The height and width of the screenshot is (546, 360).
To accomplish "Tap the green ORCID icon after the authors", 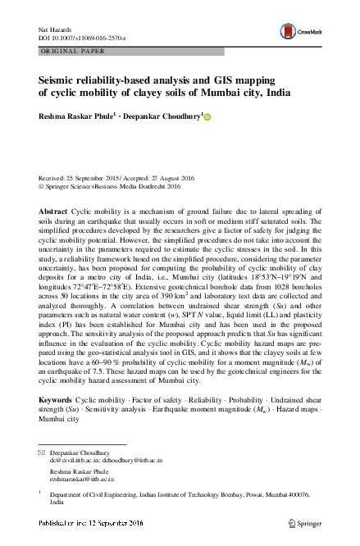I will click(207, 117).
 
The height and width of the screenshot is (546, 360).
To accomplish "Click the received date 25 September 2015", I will click(93, 177).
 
